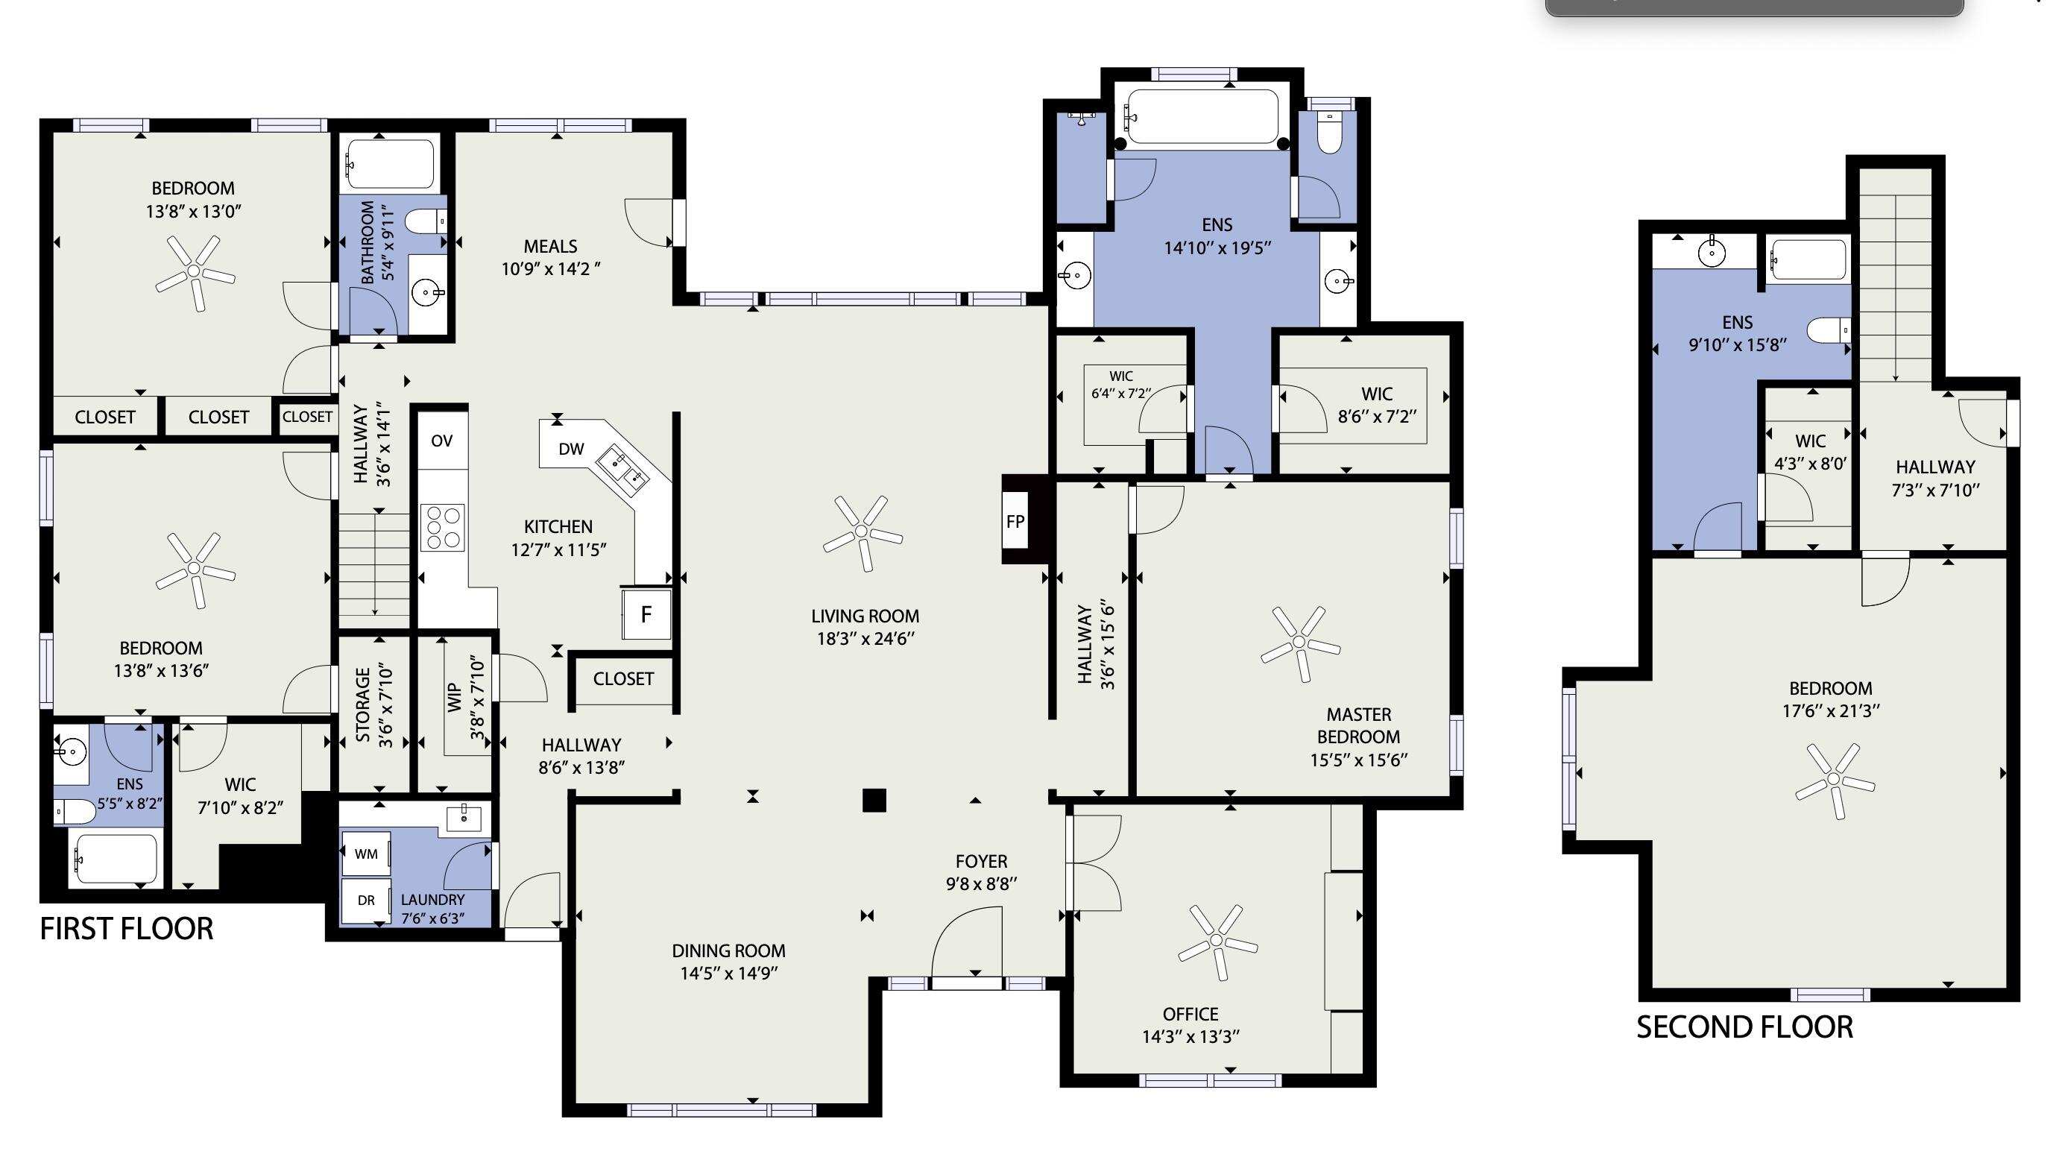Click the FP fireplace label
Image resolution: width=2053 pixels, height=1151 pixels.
[x=1015, y=521]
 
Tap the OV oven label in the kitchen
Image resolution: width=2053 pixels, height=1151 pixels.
[x=441, y=441]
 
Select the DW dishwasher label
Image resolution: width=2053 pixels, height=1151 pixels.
[x=570, y=449]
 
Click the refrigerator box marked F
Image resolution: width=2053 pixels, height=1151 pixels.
[x=646, y=614]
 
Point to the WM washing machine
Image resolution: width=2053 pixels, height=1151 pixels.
[x=366, y=854]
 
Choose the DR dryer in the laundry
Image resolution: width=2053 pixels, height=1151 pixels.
[x=366, y=900]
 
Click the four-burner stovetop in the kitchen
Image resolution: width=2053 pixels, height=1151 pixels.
[x=443, y=527]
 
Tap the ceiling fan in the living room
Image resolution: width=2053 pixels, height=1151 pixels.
[x=862, y=532]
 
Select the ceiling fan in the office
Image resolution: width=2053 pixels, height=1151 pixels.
[x=1217, y=942]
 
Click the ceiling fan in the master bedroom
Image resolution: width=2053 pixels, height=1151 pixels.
[x=1300, y=643]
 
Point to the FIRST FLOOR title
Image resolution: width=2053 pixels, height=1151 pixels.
[x=127, y=929]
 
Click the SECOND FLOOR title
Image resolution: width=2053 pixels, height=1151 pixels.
[x=1744, y=1027]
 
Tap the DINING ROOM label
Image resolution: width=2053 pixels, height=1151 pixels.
[x=728, y=950]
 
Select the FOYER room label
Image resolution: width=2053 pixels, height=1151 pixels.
[x=981, y=861]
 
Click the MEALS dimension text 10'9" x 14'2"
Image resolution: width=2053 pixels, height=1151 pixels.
[x=551, y=268]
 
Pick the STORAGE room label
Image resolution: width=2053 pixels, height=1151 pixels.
[x=362, y=705]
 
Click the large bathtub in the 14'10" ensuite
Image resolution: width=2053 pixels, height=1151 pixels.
[x=1202, y=116]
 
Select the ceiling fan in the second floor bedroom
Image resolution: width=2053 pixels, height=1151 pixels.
[x=1835, y=780]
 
